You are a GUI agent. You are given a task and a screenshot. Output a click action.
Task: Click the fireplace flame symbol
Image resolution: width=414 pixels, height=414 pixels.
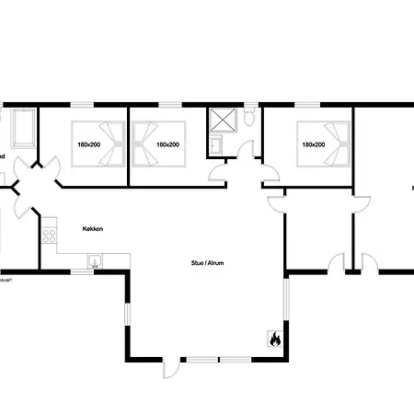pyautogui.click(x=273, y=339)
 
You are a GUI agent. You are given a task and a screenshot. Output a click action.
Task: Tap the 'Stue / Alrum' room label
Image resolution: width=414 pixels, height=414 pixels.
pyautogui.click(x=208, y=263)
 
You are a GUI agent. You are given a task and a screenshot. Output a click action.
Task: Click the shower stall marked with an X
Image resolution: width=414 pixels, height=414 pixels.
pyautogui.click(x=222, y=120)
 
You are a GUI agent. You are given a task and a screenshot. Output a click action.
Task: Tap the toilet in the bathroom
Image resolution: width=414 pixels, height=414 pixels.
pyautogui.click(x=249, y=116)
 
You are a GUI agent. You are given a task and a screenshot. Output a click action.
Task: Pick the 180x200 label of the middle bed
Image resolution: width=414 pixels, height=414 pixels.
pyautogui.click(x=167, y=144)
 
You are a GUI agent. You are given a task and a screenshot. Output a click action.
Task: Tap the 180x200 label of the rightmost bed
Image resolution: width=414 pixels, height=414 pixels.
pyautogui.click(x=313, y=144)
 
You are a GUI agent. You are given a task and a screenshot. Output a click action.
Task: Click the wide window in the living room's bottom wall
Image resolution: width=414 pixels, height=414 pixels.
pyautogui.click(x=219, y=359)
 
